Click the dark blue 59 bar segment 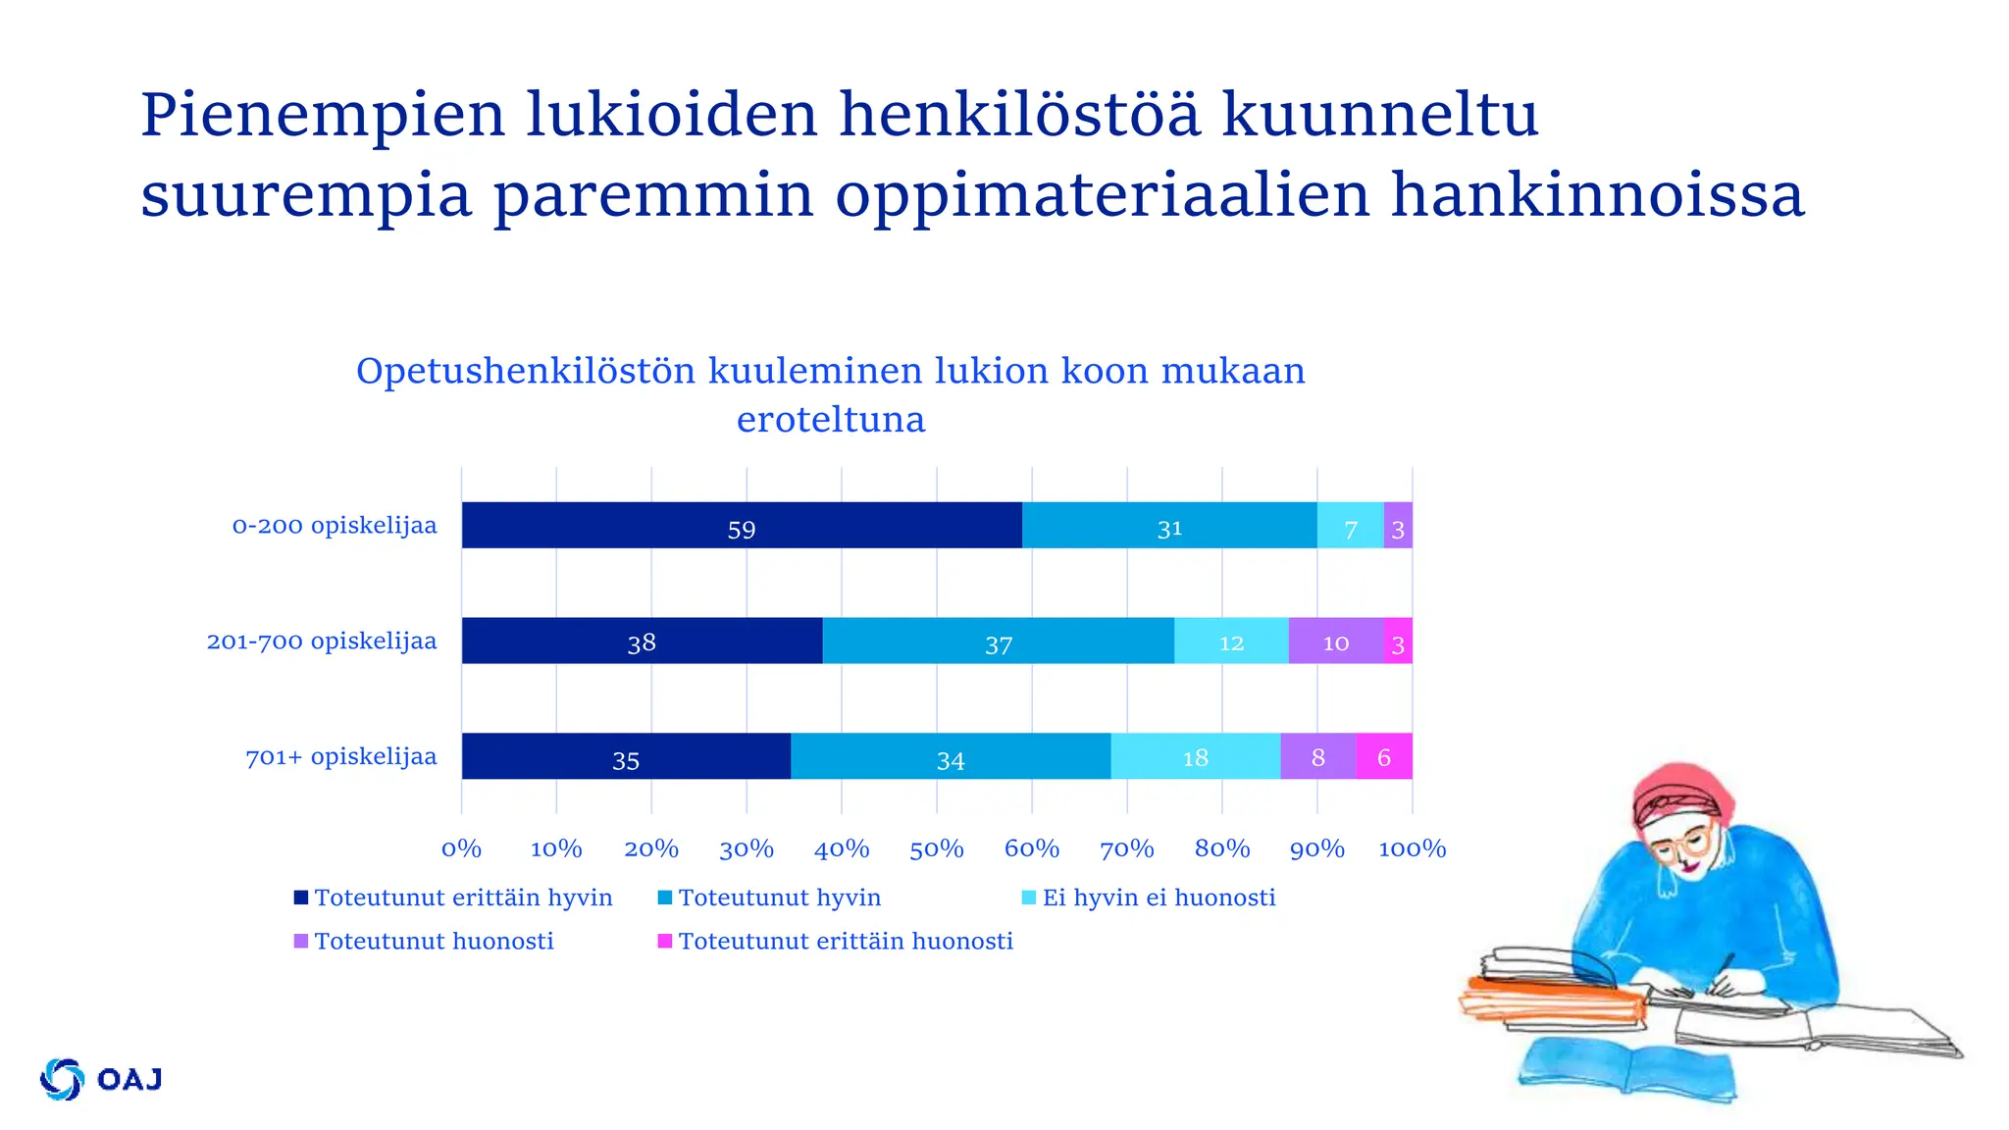point(741,526)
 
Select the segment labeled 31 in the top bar point(1168,526)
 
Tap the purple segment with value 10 point(1335,641)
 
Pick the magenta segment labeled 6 point(1383,756)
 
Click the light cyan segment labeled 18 point(1195,756)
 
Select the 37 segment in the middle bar point(998,641)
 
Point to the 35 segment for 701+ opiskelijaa point(625,756)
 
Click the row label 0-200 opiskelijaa point(334,526)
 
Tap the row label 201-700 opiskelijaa point(321,642)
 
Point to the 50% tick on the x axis point(936,848)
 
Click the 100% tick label point(1412,848)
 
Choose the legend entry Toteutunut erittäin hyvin point(462,898)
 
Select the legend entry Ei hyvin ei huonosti point(1158,898)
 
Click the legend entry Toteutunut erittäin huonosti point(845,942)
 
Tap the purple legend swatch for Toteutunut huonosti point(301,942)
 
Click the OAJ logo point(101,1079)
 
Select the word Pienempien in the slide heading point(322,115)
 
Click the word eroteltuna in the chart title point(830,420)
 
